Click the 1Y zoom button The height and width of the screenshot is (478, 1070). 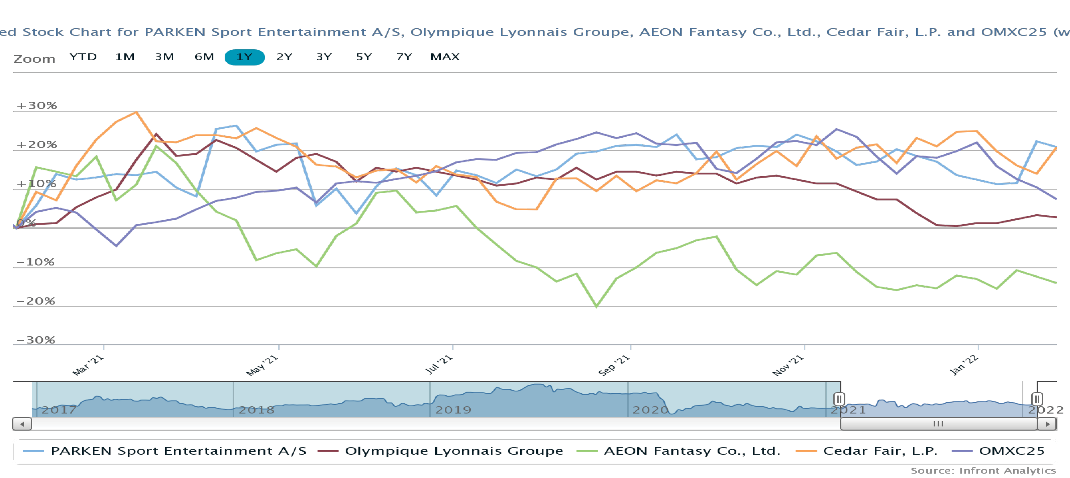[244, 57]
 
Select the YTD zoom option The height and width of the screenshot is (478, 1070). [83, 57]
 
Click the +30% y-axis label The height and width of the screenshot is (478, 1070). [37, 105]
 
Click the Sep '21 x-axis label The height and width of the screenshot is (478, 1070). [614, 365]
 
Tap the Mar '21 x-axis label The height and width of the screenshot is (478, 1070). [88, 365]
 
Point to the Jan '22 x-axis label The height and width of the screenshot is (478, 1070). [964, 365]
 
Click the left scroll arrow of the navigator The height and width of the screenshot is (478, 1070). [22, 424]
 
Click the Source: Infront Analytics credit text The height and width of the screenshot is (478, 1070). [983, 471]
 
